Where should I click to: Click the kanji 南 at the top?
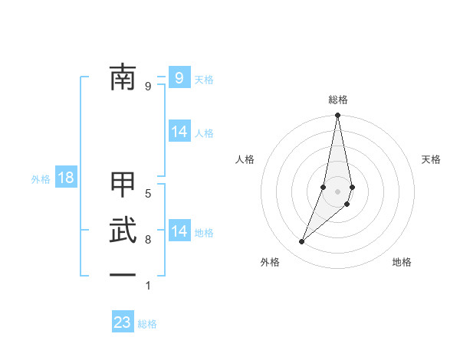[123, 77]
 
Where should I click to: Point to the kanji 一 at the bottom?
[123, 274]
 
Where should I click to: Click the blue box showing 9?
[179, 77]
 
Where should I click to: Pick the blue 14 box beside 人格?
[179, 132]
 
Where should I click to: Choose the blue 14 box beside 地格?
[179, 231]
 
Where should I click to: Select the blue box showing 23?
[123, 322]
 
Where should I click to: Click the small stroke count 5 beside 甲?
[148, 194]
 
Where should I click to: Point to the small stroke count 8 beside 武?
[148, 240]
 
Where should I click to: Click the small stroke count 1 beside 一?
[148, 286]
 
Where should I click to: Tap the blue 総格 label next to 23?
[148, 324]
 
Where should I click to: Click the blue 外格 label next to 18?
[41, 179]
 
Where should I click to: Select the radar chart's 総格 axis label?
[338, 100]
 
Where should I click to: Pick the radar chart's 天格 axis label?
[431, 159]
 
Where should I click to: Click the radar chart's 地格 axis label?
[402, 262]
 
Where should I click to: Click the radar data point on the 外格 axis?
[302, 242]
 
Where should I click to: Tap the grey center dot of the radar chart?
[338, 191]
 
